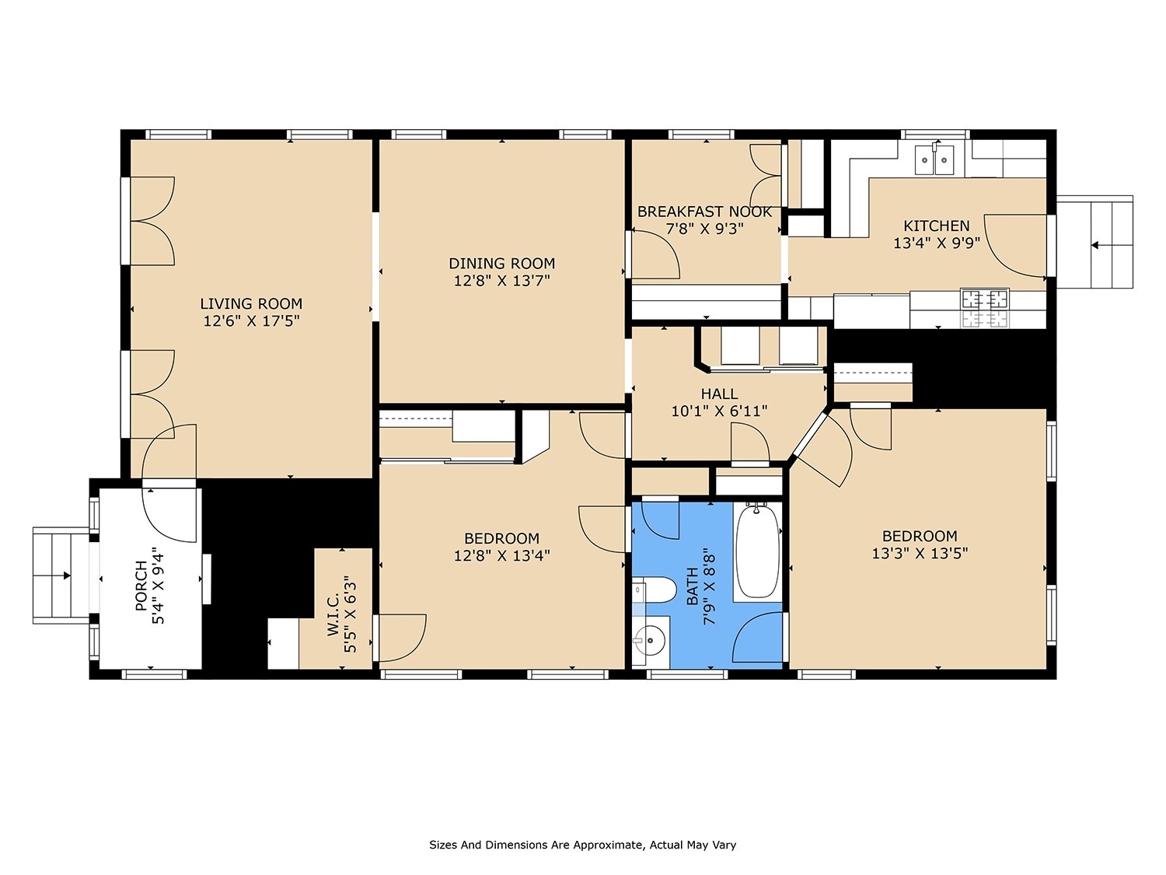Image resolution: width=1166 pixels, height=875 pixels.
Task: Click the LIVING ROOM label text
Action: (251, 304)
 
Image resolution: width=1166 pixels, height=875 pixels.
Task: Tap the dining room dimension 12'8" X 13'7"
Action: (501, 281)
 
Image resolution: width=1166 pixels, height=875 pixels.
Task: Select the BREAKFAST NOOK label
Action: (704, 212)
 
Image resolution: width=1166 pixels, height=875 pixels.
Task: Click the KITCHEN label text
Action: (936, 226)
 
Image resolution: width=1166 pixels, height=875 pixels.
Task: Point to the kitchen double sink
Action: (934, 160)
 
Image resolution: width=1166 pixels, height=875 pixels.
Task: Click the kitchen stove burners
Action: (985, 299)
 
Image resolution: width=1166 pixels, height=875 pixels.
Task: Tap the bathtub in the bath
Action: (757, 551)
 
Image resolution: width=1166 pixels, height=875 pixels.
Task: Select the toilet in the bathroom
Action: (654, 590)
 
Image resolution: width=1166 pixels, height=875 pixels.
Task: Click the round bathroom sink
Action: (649, 642)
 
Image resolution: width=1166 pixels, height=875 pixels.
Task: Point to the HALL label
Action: (719, 394)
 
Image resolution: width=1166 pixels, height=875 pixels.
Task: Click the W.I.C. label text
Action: (333, 614)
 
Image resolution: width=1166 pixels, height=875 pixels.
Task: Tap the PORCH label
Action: (141, 586)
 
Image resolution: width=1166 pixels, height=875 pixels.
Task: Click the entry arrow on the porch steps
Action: (65, 576)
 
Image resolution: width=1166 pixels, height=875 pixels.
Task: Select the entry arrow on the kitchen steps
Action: (1096, 245)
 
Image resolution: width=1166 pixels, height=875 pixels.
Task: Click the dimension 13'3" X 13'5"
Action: (920, 554)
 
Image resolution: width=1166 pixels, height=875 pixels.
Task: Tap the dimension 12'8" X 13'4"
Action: (501, 555)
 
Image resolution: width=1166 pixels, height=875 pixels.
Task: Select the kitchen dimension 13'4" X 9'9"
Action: (936, 243)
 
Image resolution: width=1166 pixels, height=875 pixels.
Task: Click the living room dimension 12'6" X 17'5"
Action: (251, 321)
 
